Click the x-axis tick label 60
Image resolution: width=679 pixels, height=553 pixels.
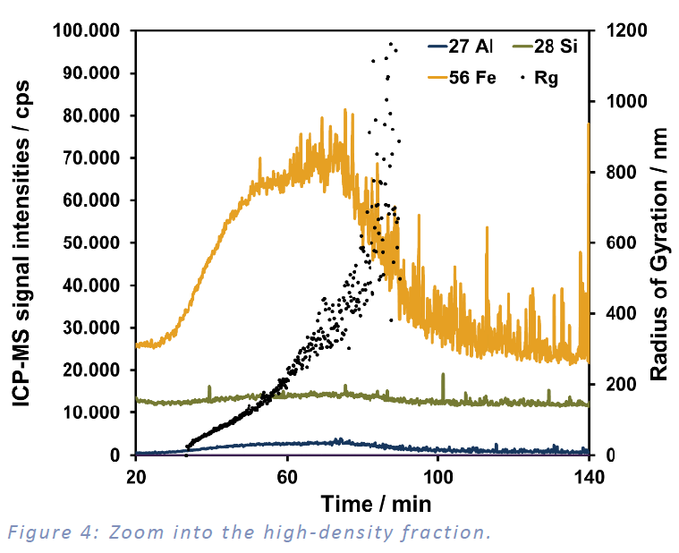[x=287, y=473]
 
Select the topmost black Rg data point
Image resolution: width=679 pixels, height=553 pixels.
[x=390, y=43]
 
